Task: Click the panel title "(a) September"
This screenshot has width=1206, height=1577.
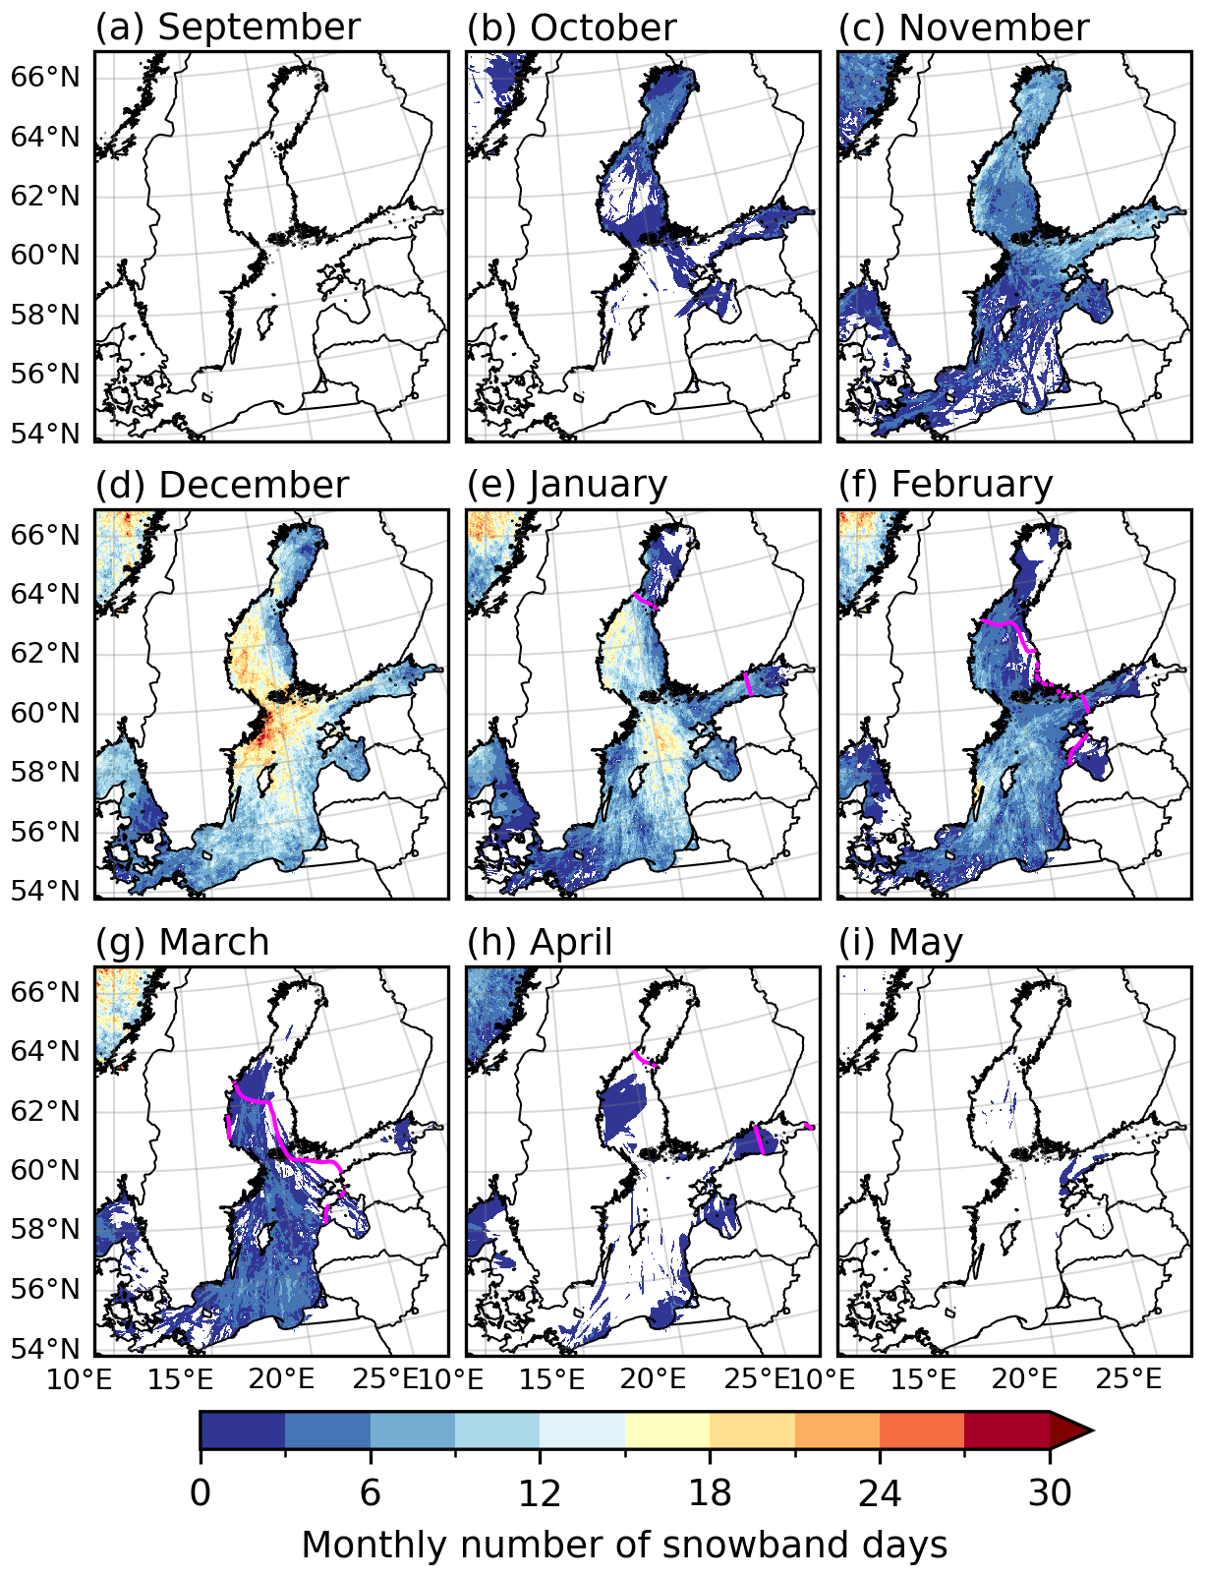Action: [227, 28]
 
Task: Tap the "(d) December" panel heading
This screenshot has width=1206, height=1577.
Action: [221, 485]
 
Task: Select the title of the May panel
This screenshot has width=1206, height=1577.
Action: [900, 942]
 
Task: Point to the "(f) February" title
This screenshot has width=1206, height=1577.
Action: [945, 485]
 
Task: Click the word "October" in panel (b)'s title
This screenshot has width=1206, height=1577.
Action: [603, 28]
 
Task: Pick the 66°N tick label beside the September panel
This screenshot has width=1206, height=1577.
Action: [44, 77]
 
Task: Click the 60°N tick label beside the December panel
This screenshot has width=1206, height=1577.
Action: [44, 713]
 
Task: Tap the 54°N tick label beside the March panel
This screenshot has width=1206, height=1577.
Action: [44, 1348]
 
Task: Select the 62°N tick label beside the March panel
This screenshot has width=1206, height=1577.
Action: [44, 1111]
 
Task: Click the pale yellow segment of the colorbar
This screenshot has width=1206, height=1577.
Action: [667, 1430]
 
